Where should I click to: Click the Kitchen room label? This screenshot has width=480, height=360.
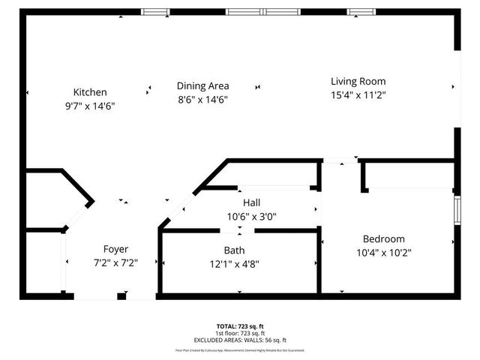(x=90, y=92)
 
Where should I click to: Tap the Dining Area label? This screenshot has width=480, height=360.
(x=202, y=85)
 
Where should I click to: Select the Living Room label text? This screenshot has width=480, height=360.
(x=358, y=82)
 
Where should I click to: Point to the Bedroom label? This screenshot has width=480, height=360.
(x=384, y=239)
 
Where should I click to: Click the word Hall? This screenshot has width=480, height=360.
(x=252, y=203)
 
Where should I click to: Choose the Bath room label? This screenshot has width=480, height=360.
(x=234, y=250)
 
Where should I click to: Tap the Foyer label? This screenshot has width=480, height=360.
(x=115, y=249)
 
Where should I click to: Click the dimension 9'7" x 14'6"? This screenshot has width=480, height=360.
(x=90, y=106)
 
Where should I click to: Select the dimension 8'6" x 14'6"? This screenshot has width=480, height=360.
(x=202, y=99)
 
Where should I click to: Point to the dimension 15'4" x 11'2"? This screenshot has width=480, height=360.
(x=358, y=95)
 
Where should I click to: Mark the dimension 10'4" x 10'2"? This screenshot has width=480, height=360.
(x=384, y=253)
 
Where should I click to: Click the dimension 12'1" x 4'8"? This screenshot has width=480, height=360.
(x=234, y=263)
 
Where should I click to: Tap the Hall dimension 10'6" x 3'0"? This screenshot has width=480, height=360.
(x=252, y=217)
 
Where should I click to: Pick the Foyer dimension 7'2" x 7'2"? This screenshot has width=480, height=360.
(x=115, y=262)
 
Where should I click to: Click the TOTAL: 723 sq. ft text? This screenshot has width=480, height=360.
(x=240, y=326)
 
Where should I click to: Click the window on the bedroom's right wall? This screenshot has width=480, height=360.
(x=457, y=209)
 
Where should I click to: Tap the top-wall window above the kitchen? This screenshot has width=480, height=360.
(x=156, y=11)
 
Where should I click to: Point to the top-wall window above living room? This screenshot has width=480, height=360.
(x=360, y=11)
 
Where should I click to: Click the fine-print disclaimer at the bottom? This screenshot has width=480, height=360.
(x=240, y=350)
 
